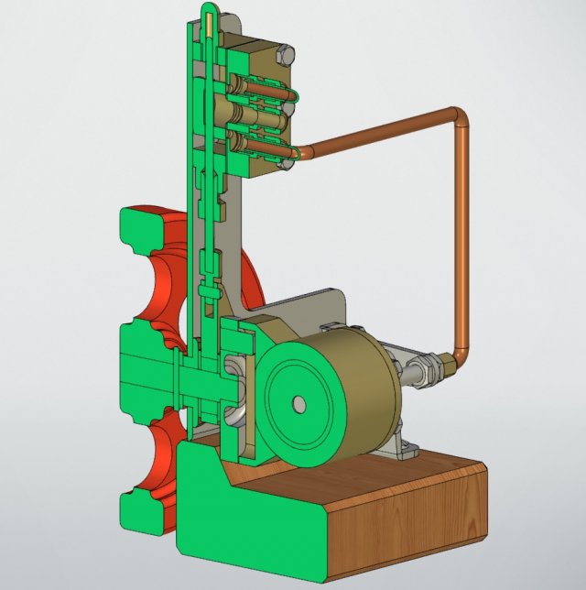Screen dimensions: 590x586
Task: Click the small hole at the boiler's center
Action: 298,403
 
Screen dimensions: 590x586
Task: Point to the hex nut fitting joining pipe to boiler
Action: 427,371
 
